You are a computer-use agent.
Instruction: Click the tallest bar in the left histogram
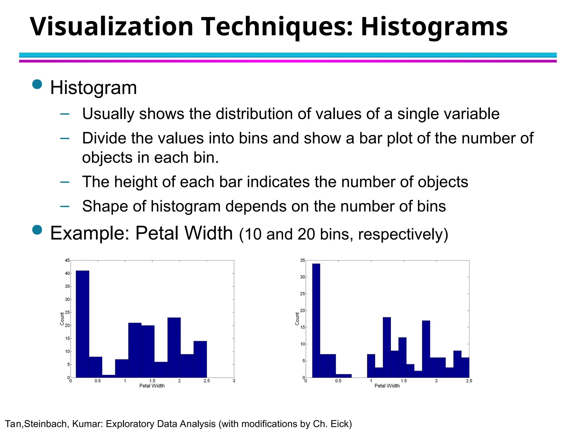(82, 323)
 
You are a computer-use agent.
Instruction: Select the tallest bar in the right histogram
(316, 321)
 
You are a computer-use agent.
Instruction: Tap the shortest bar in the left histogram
(109, 376)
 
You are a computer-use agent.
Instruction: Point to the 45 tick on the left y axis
(67, 260)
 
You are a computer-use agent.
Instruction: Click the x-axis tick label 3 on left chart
(234, 381)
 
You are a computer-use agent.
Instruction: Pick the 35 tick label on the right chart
(302, 260)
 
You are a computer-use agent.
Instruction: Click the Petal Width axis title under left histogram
(152, 386)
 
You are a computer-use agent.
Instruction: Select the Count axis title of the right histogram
(297, 319)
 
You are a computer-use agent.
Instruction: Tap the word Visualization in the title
(111, 27)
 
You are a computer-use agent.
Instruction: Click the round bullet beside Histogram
(37, 84)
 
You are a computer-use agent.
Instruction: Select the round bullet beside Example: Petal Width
(37, 230)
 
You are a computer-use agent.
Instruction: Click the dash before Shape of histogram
(65, 206)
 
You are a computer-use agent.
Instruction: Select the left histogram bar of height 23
(174, 347)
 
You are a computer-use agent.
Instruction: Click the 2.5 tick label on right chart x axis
(469, 381)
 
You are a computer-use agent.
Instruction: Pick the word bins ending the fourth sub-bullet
(431, 206)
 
